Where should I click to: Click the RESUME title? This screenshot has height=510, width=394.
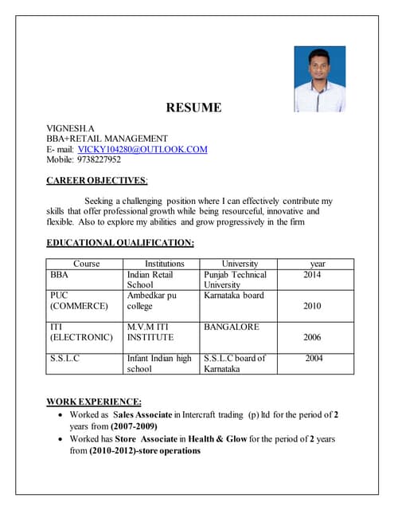pos(193,108)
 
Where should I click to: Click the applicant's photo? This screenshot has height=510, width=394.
pos(319,79)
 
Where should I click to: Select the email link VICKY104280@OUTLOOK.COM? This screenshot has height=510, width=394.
pos(142,149)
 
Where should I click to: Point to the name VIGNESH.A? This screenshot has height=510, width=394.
pos(71,127)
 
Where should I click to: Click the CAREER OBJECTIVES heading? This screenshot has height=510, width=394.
pos(96,181)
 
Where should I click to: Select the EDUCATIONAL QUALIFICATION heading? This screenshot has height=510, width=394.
pos(120,242)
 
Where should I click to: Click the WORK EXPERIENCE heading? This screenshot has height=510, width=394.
pos(94,401)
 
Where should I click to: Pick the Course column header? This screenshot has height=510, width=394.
pos(86,264)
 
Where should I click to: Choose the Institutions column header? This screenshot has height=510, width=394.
pos(164,264)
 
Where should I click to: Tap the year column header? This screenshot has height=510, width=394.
pos(317,264)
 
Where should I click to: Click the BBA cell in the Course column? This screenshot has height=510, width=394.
pos(60,275)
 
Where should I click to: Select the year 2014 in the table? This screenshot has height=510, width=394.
pos(313,275)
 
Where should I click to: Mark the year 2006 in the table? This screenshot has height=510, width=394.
pos(313,338)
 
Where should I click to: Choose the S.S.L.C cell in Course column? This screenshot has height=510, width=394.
pos(64,359)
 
